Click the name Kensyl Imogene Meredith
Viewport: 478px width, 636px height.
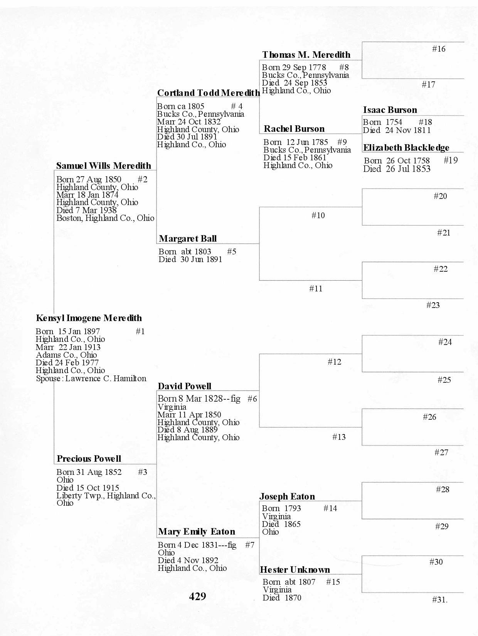[89, 318]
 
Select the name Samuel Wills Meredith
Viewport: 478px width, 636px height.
[104, 166]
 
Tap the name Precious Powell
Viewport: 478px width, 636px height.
[89, 459]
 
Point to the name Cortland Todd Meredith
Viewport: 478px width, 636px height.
[208, 93]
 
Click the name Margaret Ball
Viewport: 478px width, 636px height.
[188, 239]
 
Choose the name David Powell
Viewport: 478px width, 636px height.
[185, 386]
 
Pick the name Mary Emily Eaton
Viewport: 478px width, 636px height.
[197, 532]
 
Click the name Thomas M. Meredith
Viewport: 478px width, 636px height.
[306, 55]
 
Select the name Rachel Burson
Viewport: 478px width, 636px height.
[294, 129]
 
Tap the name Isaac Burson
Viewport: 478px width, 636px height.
[390, 110]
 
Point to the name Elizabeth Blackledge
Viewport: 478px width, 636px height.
[406, 148]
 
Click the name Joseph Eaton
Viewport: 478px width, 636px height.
[287, 496]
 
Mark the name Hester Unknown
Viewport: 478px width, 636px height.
[295, 570]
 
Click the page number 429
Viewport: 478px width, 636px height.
[197, 596]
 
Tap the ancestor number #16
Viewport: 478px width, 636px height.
[439, 49]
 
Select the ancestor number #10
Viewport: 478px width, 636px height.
[318, 215]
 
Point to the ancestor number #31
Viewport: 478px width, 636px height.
[439, 600]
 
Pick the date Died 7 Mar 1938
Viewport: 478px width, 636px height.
[86, 210]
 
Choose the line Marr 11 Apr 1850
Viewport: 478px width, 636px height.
[189, 415]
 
